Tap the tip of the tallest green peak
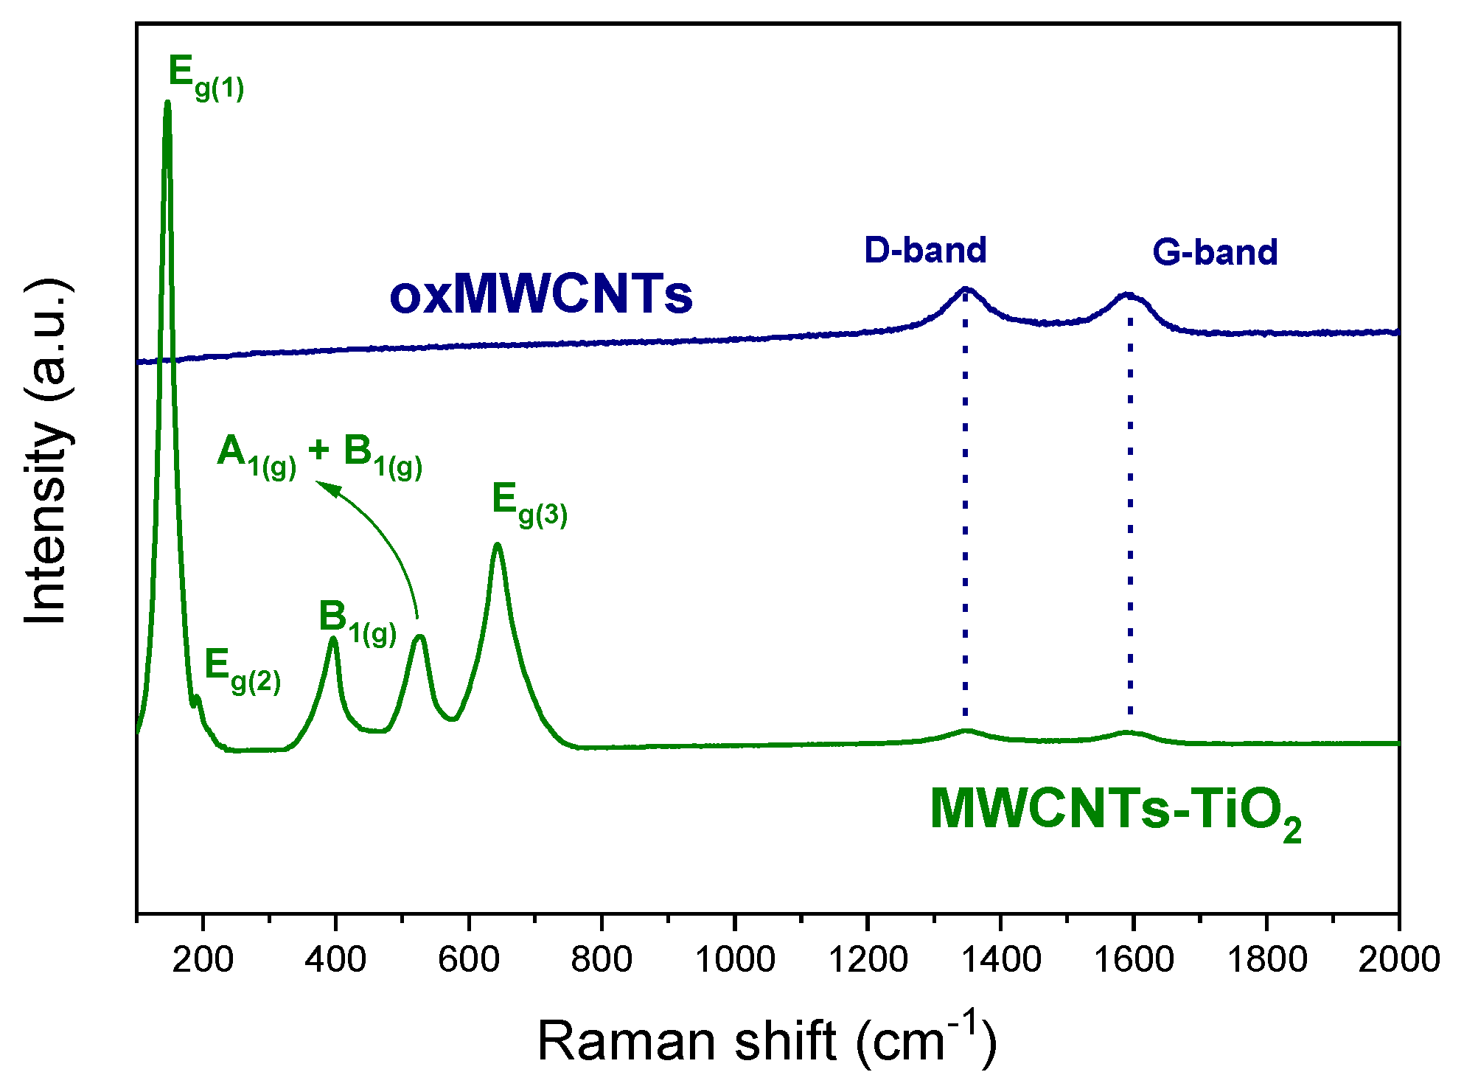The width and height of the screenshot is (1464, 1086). [167, 103]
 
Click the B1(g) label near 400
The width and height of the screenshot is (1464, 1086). [357, 623]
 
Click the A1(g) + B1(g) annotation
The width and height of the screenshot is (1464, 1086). [319, 456]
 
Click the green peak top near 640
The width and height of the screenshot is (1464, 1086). [498, 546]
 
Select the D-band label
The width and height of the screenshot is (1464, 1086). [925, 251]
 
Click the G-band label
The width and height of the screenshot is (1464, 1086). [1214, 252]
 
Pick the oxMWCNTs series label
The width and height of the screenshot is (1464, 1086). [540, 295]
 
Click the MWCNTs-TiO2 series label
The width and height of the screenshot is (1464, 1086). [1115, 812]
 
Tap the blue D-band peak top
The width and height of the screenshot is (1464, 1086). [966, 290]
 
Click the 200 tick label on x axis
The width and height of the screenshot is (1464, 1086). [203, 959]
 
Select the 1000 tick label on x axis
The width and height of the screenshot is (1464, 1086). [735, 959]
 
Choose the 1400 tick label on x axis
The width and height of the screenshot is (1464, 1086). [1000, 959]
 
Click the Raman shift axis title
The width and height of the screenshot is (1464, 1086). [767, 1040]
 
